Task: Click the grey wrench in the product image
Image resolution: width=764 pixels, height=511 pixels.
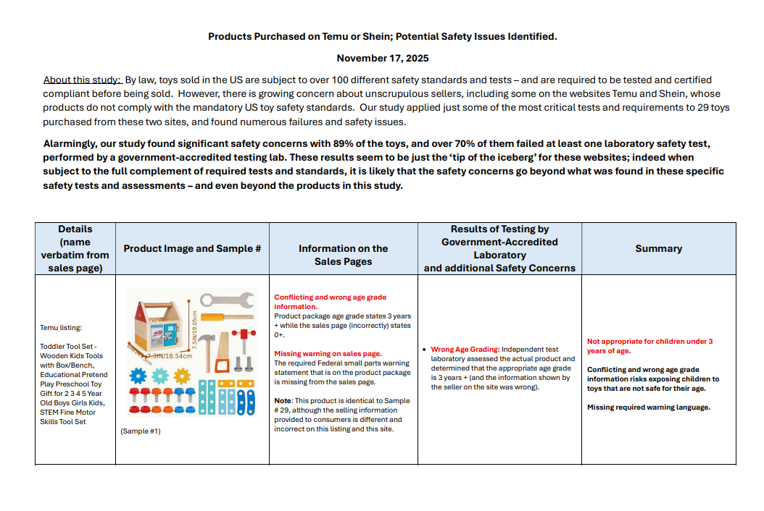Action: [226, 299]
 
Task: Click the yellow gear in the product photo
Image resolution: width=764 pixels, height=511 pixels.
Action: [182, 376]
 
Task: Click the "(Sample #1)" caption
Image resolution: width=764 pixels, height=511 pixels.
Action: [140, 431]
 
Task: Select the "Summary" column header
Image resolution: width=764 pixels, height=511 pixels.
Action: [658, 248]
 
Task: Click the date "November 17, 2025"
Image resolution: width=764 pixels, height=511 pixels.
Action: [382, 58]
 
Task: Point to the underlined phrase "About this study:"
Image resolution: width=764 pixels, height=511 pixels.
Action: [82, 80]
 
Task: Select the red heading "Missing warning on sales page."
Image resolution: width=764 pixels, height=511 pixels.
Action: [328, 353]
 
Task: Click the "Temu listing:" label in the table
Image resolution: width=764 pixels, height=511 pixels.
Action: [60, 327]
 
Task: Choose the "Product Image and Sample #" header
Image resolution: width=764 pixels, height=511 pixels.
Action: [192, 248]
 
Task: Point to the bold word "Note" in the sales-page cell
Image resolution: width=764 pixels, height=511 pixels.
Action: [282, 400]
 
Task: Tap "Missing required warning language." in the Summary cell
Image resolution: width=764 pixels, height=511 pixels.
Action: [648, 407]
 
